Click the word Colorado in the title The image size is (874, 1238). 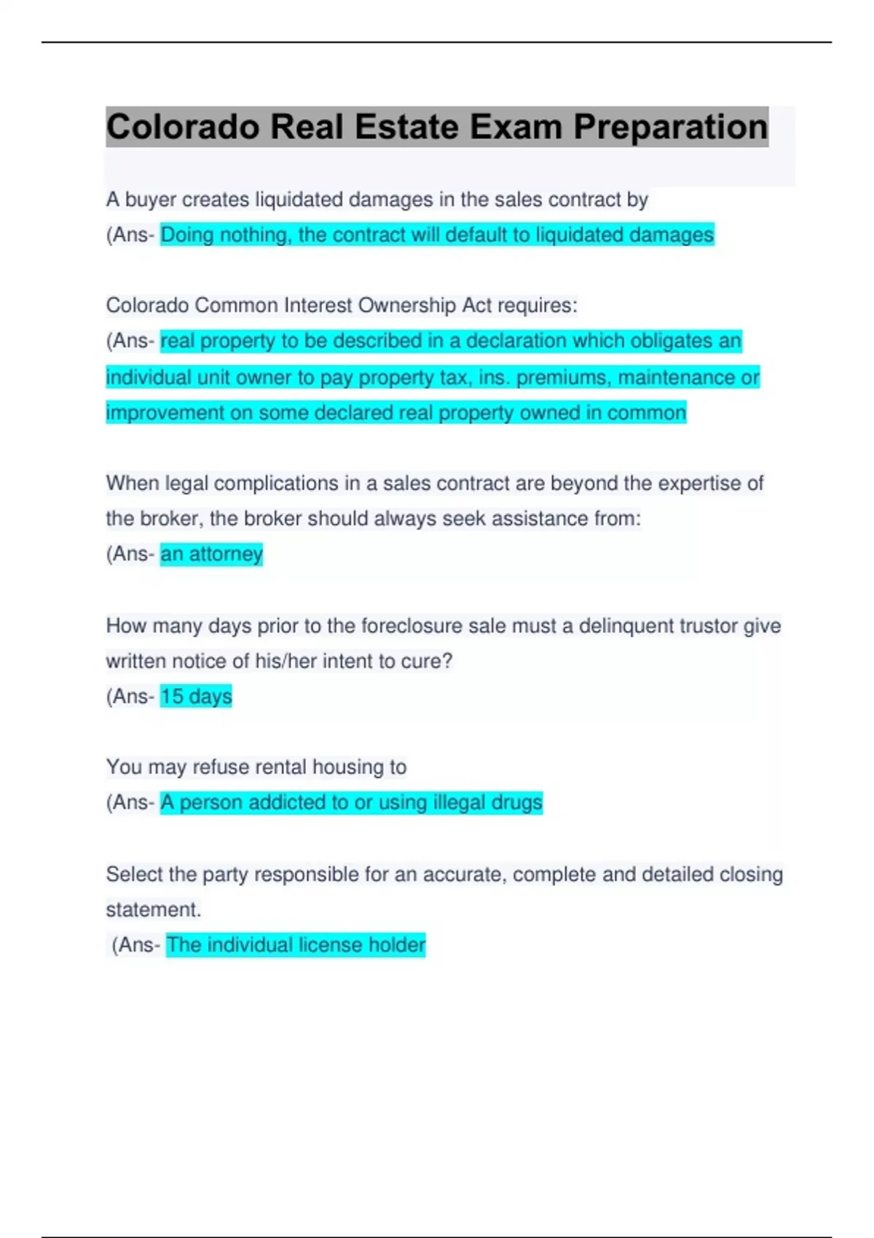click(x=183, y=127)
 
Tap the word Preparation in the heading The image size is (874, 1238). click(x=670, y=127)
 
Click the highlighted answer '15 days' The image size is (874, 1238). click(x=196, y=696)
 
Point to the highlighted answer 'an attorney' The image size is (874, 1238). click(x=211, y=554)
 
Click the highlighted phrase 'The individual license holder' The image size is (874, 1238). click(x=296, y=945)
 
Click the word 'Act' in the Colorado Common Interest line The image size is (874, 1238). click(x=477, y=305)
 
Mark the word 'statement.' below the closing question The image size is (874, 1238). click(x=154, y=910)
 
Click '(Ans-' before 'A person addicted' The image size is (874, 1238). click(x=130, y=803)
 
